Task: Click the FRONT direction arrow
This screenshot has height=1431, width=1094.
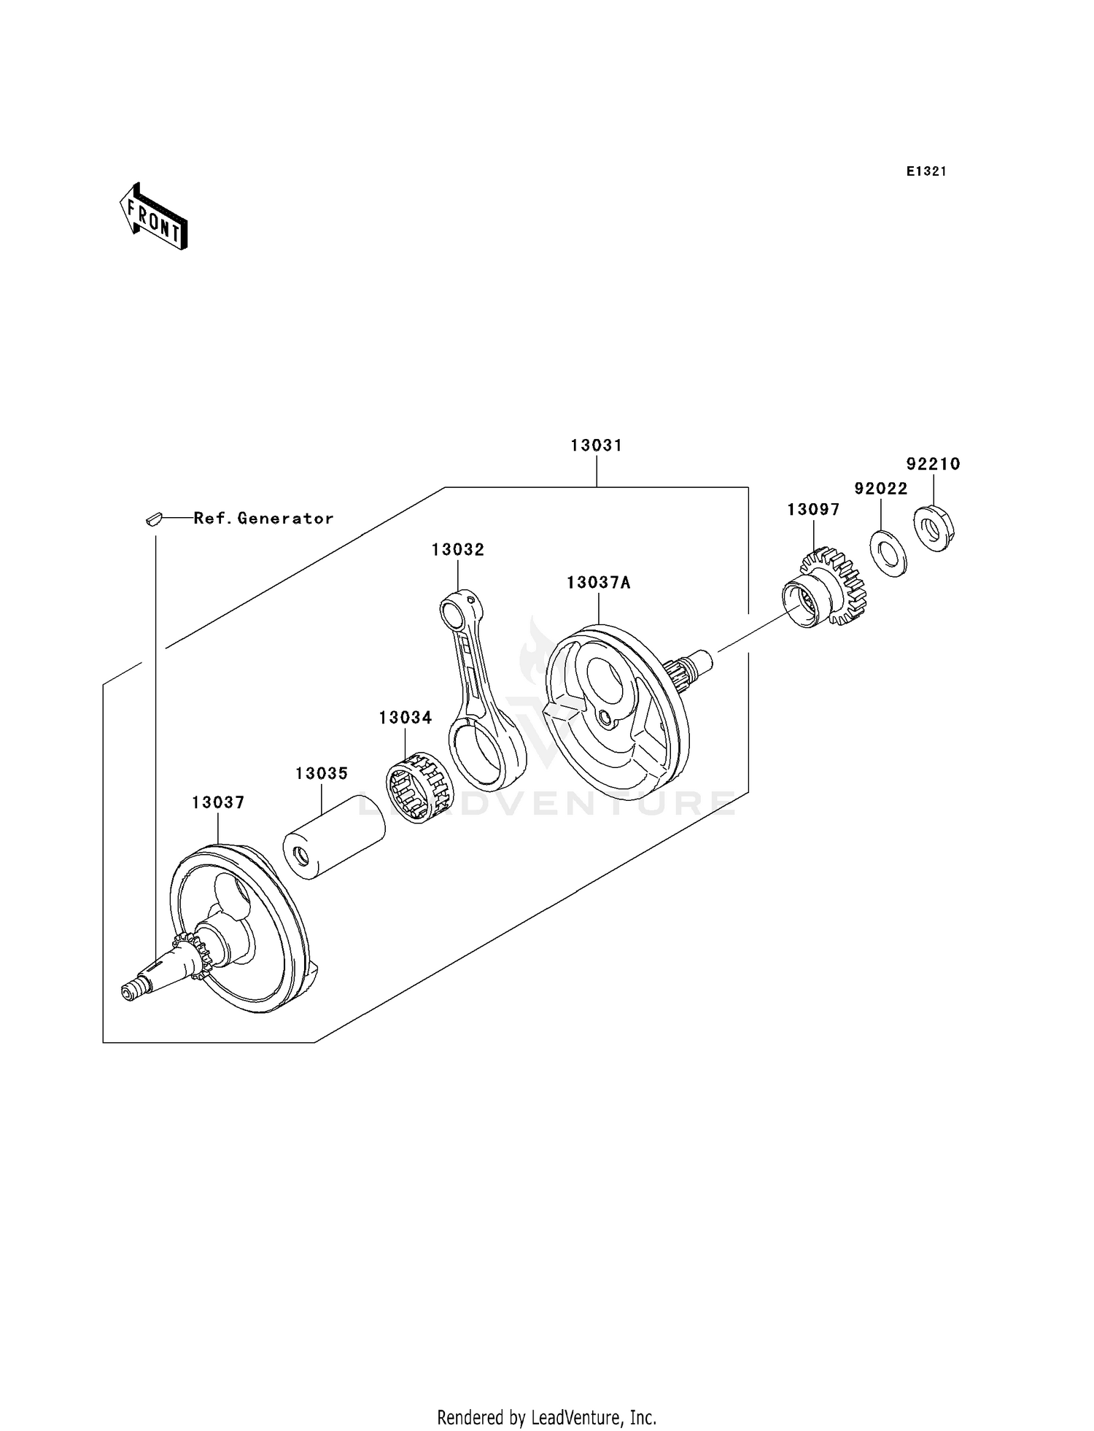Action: (153, 217)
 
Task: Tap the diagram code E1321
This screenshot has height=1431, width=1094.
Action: (926, 171)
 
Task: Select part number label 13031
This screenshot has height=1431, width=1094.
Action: (596, 445)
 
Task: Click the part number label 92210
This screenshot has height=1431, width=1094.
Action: (933, 464)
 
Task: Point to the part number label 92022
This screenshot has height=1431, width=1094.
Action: (880, 489)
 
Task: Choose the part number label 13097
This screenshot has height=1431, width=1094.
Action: (812, 510)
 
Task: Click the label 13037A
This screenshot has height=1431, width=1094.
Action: (598, 583)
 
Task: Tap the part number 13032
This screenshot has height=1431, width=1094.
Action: (457, 550)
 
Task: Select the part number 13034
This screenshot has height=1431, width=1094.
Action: (405, 718)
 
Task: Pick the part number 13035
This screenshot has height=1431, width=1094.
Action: (321, 773)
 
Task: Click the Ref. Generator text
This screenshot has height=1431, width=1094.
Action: (263, 519)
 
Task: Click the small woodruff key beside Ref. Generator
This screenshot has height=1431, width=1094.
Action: (152, 519)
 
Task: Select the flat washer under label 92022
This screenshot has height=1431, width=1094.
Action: (888, 552)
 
